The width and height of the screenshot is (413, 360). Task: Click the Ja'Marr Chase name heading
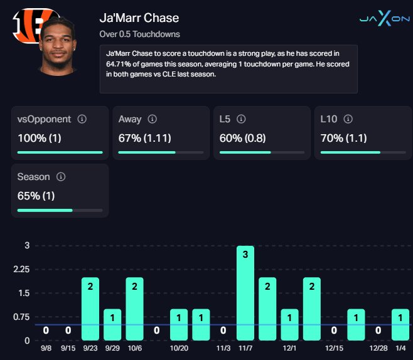click(139, 18)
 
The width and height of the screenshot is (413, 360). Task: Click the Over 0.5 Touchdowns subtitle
click(139, 34)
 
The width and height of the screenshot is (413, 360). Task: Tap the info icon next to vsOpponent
click(82, 119)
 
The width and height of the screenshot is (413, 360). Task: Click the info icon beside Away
click(152, 119)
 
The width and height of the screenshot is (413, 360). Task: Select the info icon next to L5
click(241, 119)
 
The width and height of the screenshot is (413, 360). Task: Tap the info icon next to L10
click(348, 119)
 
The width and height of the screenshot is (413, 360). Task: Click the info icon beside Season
click(62, 177)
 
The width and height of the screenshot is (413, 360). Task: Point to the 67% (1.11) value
click(144, 138)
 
